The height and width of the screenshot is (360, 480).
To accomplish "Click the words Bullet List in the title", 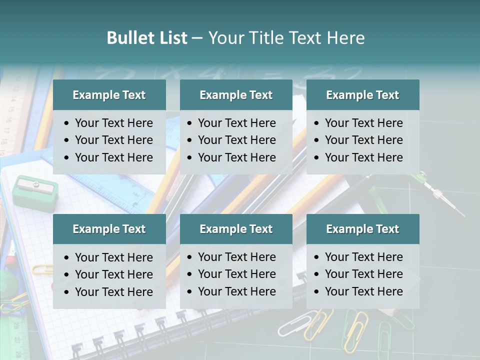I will pos(146,38).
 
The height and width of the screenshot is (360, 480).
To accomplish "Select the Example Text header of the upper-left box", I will pos(109,95).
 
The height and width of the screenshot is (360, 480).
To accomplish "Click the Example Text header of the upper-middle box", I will pos(236,95).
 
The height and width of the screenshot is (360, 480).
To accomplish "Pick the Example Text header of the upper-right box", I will pos(362,95).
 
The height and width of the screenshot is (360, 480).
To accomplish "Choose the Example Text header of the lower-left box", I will pos(109,229).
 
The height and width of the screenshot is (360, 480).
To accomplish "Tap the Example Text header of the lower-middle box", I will pos(236,229).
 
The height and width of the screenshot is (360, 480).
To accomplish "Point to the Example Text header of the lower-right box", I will pos(362,229).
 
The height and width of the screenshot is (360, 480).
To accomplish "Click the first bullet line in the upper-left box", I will pos(113,123).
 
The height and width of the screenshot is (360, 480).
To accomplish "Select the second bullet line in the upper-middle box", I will pos(236,140).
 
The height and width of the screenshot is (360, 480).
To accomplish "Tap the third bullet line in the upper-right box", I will pos(363,157).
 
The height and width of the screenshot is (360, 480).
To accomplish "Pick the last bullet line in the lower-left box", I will pos(113,292).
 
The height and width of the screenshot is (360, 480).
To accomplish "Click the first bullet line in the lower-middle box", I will pos(236,257).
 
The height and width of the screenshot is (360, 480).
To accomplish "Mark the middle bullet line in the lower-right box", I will pos(363,274).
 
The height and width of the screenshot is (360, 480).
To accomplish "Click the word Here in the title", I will pos(346,38).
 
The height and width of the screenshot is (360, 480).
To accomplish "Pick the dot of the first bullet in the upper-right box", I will pos(316,123).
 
